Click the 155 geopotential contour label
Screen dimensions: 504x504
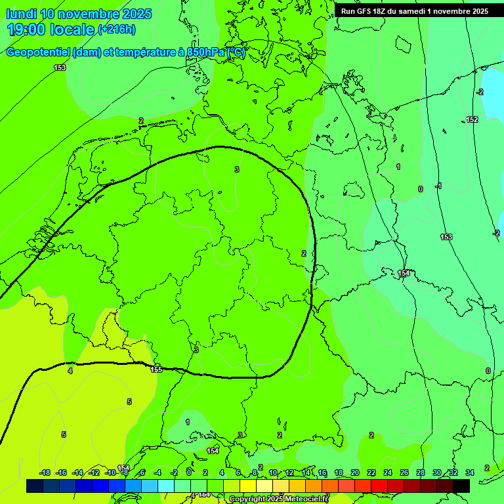tap(156, 369)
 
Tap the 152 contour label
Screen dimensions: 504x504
tap(472, 119)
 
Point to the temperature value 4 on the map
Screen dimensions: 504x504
tap(70, 371)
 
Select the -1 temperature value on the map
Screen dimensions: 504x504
tap(438, 186)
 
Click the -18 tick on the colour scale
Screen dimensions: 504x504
tap(45, 472)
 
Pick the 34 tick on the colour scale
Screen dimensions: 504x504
tap(469, 472)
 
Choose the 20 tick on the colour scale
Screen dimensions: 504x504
tap(354, 472)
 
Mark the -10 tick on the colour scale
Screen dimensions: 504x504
tap(110, 472)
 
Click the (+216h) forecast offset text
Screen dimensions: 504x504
tap(117, 29)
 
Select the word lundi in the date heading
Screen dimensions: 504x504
tap(21, 13)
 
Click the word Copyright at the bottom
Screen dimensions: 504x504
tap(247, 499)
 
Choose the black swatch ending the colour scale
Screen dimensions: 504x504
tap(461, 486)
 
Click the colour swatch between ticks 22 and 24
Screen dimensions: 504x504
tap(379, 486)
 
